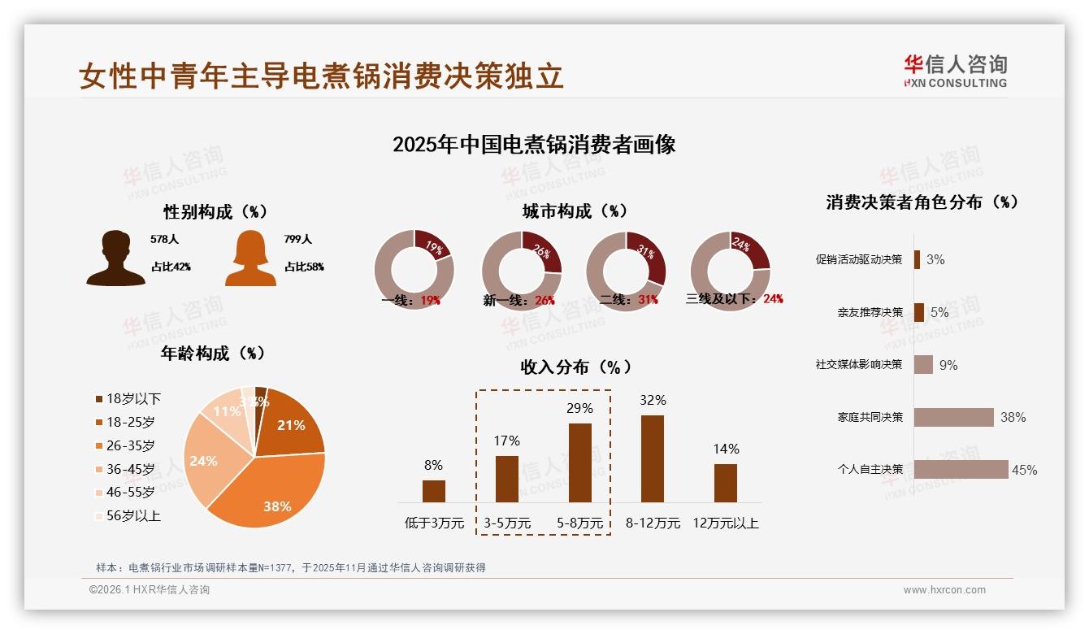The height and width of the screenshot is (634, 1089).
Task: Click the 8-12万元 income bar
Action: click(653, 458)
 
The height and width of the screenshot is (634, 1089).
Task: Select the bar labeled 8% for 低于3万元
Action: click(434, 491)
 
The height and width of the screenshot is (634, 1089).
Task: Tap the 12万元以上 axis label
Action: click(726, 523)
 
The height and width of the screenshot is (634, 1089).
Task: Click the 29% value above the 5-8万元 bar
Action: click(579, 408)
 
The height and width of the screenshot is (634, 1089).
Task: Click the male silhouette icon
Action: click(115, 258)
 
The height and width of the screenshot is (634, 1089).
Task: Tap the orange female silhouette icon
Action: click(250, 258)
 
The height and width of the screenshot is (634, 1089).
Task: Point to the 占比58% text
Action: click(304, 267)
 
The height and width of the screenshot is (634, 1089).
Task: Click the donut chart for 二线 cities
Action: click(626, 271)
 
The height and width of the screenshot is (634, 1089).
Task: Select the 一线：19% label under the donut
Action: click(411, 300)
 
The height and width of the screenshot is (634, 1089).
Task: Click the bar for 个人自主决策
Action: click(961, 469)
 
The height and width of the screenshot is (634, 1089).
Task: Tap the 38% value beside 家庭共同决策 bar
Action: click(1013, 417)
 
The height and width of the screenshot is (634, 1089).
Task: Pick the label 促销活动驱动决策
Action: click(859, 259)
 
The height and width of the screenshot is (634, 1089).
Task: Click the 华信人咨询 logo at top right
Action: click(955, 71)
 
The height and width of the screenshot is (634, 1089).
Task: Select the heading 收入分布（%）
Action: click(575, 367)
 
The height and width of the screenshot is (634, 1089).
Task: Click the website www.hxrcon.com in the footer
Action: click(944, 590)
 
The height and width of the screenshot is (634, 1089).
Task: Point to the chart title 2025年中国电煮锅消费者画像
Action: click(534, 145)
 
